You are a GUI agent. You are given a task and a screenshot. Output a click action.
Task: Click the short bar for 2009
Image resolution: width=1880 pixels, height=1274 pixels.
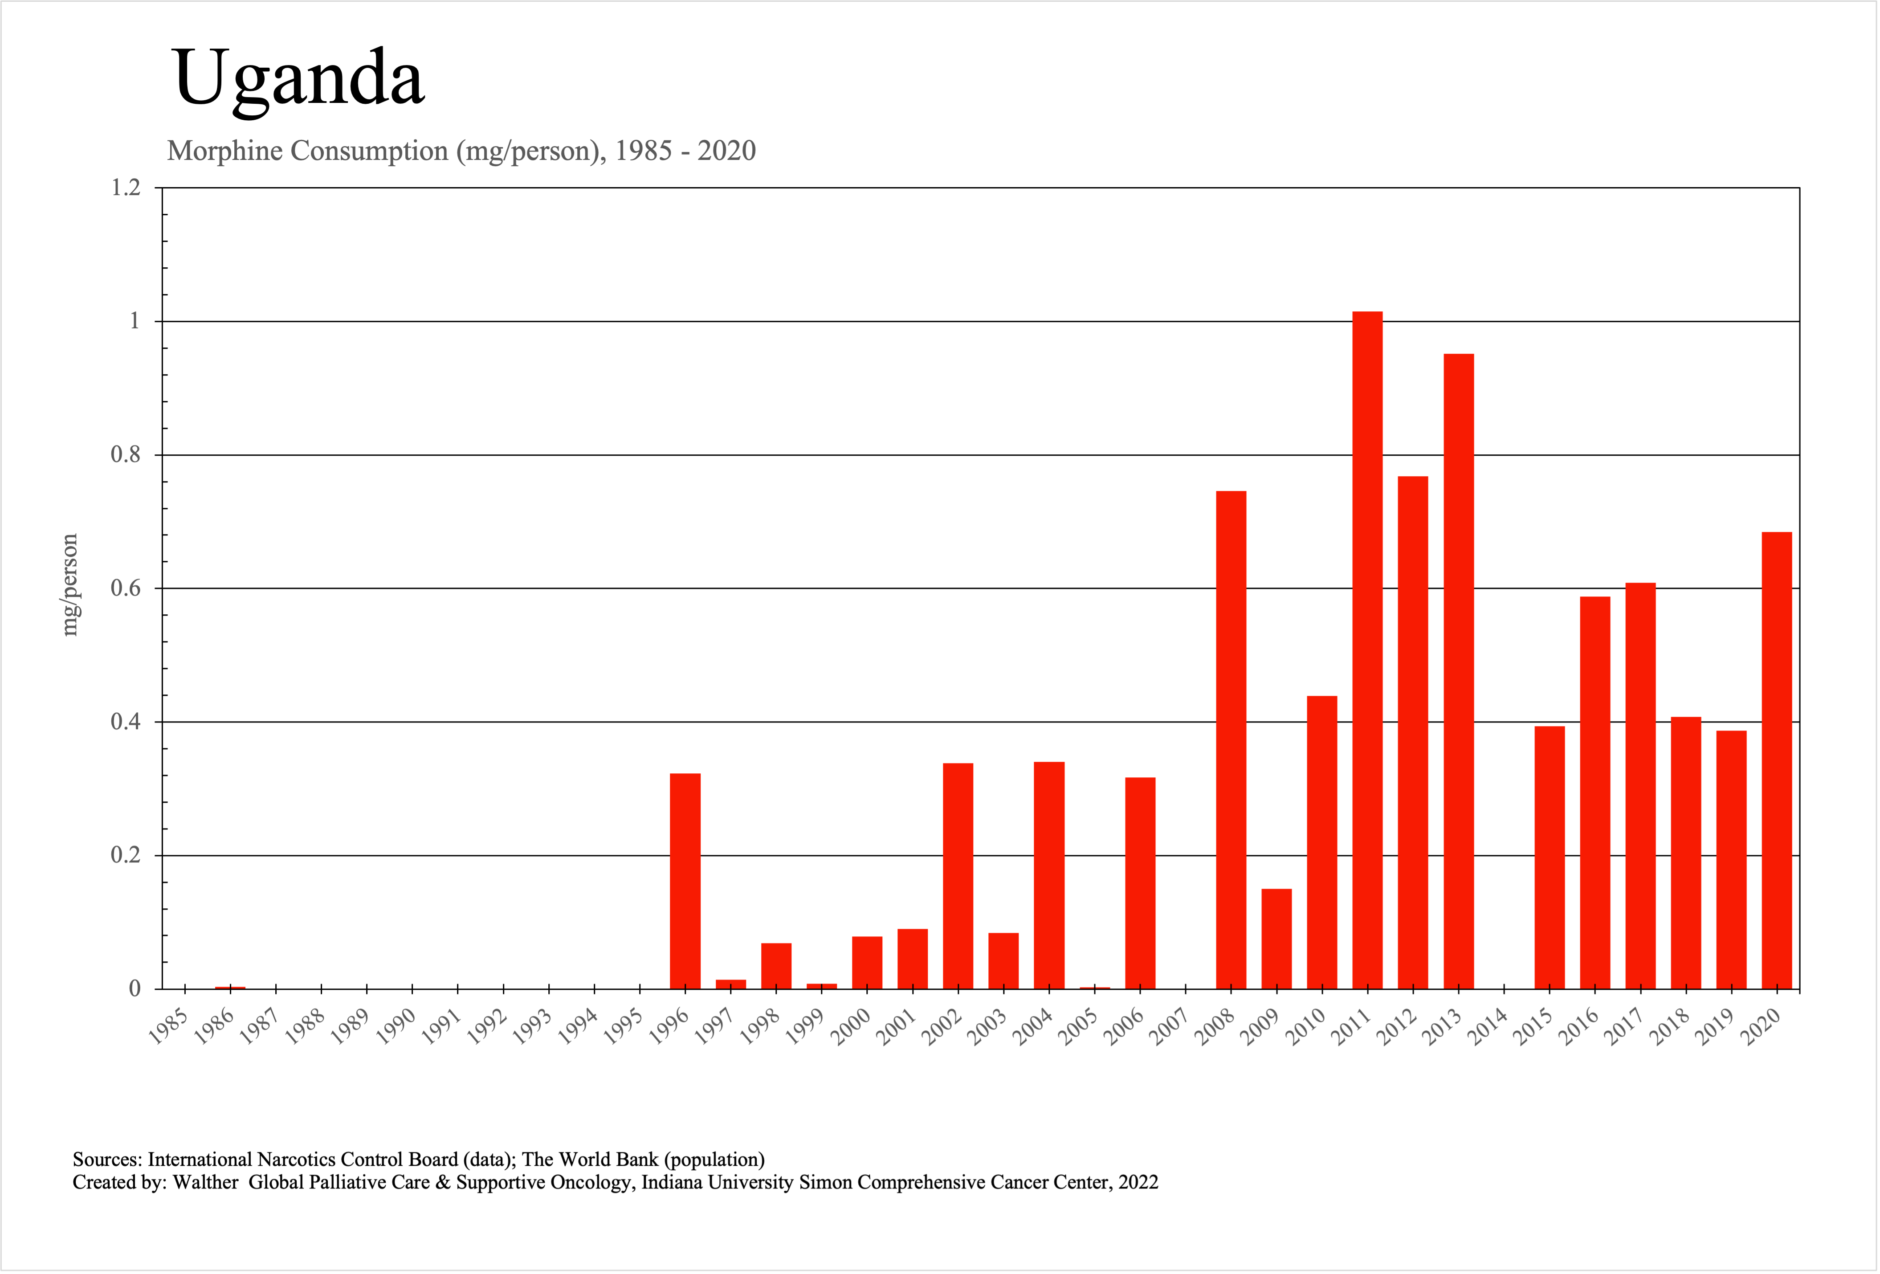[x=1276, y=938]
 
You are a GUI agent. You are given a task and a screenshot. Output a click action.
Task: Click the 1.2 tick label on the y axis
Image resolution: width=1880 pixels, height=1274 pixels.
[x=126, y=188]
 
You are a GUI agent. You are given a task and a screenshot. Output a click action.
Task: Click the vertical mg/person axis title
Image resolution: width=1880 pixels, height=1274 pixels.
[x=70, y=585]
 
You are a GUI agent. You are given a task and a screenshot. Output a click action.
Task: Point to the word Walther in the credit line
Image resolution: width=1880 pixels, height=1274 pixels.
[x=205, y=1183]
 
